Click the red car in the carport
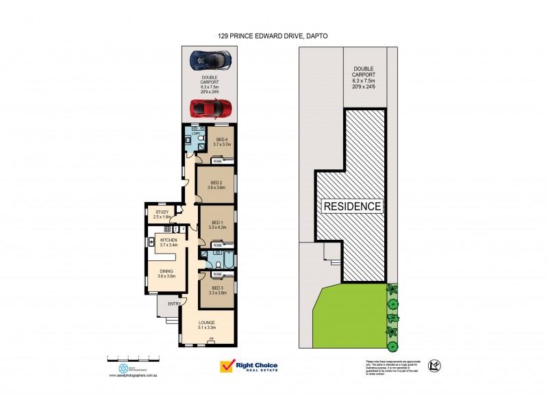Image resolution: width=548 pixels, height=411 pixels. click(x=210, y=108)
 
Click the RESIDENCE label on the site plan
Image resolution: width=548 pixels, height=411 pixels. click(x=353, y=206)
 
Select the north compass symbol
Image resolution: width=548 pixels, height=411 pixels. click(x=433, y=366)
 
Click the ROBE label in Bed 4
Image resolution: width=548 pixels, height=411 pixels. click(x=217, y=161)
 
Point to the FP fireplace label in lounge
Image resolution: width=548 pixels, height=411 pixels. click(x=212, y=339)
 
